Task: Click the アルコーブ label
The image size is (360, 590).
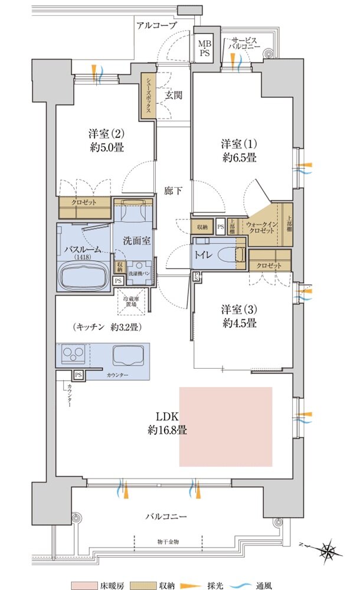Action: click(x=156, y=25)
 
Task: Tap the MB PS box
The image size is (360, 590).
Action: click(x=204, y=48)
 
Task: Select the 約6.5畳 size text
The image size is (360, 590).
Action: click(x=238, y=158)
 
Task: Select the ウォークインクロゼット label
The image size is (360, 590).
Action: click(x=260, y=228)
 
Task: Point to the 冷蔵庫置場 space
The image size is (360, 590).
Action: click(x=133, y=302)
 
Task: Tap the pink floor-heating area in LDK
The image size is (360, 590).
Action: click(x=225, y=427)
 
